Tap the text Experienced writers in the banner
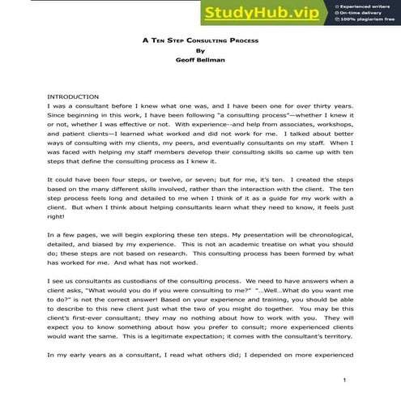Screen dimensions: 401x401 click(x=368, y=5)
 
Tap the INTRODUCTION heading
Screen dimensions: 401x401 click(x=73, y=96)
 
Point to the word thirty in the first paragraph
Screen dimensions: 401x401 click(x=312, y=105)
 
